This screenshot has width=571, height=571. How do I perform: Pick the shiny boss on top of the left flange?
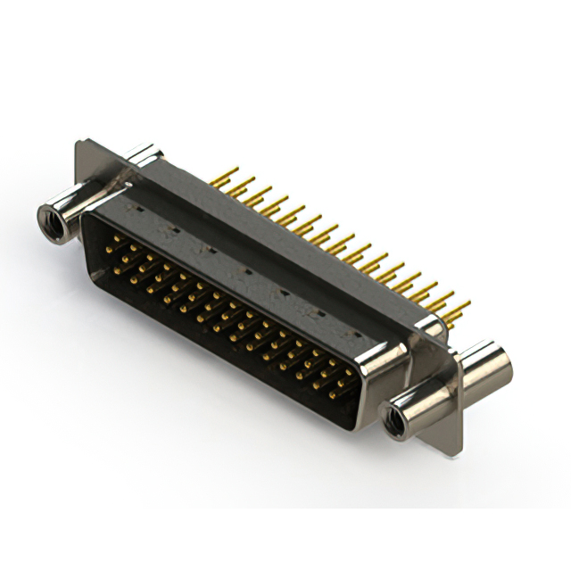click(x=143, y=158)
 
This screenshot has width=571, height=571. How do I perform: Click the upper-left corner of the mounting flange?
click(x=79, y=143)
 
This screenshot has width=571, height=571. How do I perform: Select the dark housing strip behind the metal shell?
click(x=294, y=241)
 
